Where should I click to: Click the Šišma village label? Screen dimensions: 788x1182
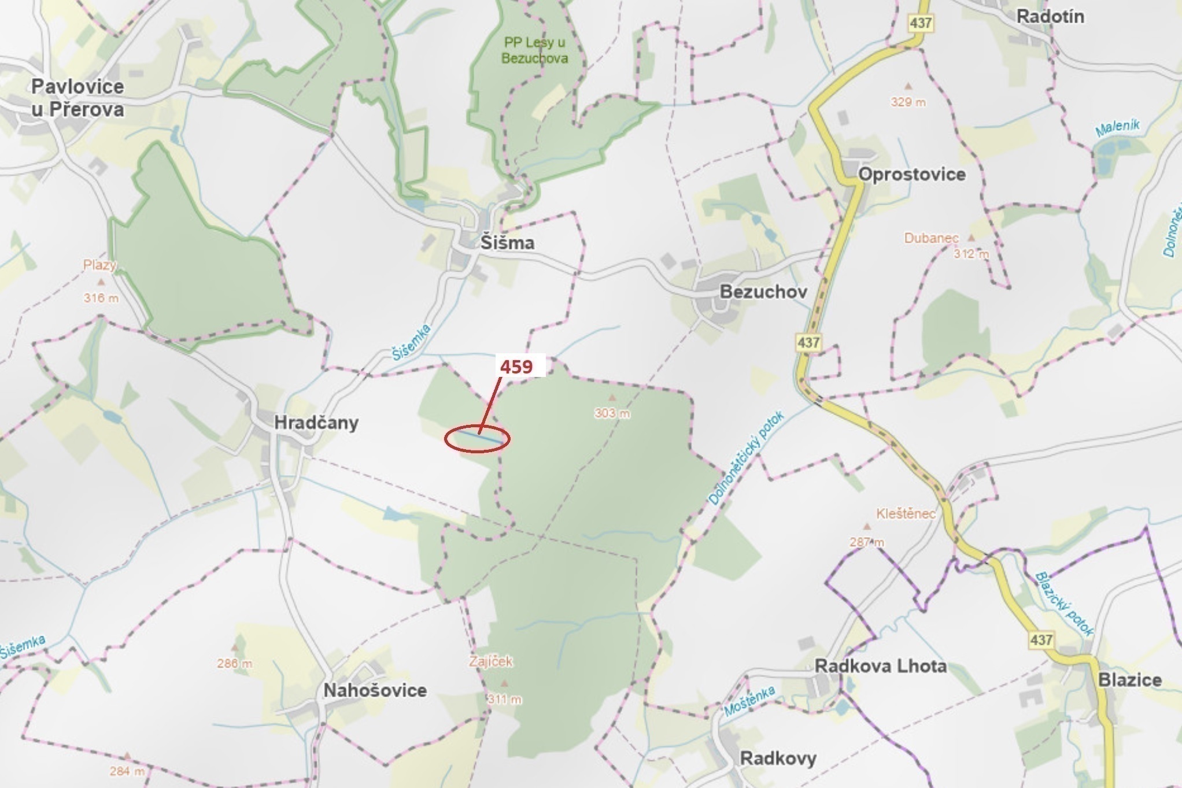click(507, 243)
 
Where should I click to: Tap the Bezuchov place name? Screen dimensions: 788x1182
click(763, 291)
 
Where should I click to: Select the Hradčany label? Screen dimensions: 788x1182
click(316, 423)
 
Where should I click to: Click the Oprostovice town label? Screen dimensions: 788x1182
click(912, 175)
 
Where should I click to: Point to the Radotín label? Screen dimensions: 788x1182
click(1050, 17)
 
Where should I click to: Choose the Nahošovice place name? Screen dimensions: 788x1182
click(375, 690)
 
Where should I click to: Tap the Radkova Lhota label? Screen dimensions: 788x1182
click(881, 666)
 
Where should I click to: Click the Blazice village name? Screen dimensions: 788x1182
click(1129, 680)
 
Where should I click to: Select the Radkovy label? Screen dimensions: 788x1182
click(778, 759)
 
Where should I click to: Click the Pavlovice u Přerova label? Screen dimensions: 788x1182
click(77, 98)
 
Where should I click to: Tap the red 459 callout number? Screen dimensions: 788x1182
click(516, 367)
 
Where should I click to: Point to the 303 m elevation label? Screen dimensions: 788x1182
click(612, 413)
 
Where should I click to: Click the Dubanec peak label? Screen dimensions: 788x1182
click(931, 238)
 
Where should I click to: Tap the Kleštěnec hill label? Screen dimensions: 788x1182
click(906, 513)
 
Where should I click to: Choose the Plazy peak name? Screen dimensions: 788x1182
click(100, 265)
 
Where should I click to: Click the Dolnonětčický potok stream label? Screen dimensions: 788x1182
click(745, 458)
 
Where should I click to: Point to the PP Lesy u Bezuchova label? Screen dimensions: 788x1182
click(534, 50)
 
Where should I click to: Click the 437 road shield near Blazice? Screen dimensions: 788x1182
click(1040, 640)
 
